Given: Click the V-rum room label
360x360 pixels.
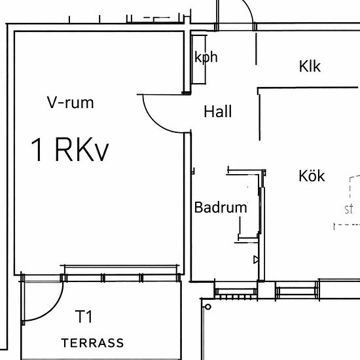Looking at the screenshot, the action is (71, 102).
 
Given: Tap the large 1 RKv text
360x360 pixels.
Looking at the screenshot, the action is (70, 150).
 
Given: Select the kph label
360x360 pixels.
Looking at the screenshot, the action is (206, 57).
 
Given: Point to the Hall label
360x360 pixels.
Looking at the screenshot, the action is (218, 111).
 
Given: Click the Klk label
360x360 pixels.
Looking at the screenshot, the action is (310, 66).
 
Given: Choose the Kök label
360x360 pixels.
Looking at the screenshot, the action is (312, 176).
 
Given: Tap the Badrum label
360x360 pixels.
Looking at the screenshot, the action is (221, 207).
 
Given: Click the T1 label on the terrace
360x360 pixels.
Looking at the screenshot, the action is (84, 316).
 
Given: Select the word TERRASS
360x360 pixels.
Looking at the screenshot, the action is (92, 343).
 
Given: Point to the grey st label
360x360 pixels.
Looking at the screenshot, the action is (349, 209).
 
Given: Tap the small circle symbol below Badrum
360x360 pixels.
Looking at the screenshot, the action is (208, 307).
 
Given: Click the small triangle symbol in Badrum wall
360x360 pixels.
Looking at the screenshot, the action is (256, 260).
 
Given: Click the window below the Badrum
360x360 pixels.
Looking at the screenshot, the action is (236, 291).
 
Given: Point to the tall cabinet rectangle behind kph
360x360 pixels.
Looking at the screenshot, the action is (198, 60).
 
